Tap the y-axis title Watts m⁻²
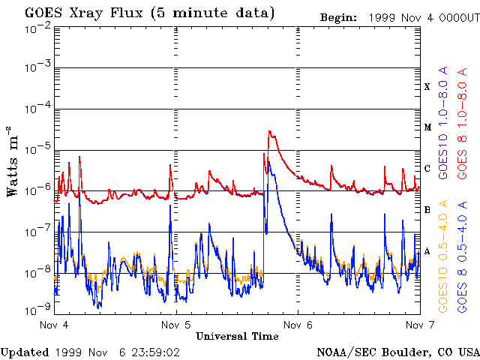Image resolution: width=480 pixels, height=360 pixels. coord(13,161)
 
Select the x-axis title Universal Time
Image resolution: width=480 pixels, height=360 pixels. coord(236,337)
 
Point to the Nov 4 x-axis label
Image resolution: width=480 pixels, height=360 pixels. coord(54,325)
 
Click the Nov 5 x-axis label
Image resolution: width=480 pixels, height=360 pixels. coord(176,325)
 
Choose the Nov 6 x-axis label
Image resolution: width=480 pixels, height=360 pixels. coord(298,325)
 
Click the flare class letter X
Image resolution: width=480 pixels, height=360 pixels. coord(427,87)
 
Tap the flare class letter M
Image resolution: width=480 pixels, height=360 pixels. coord(427,127)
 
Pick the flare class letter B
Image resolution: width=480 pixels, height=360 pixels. coord(427,210)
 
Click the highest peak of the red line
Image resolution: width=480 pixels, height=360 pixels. coord(269,131)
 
